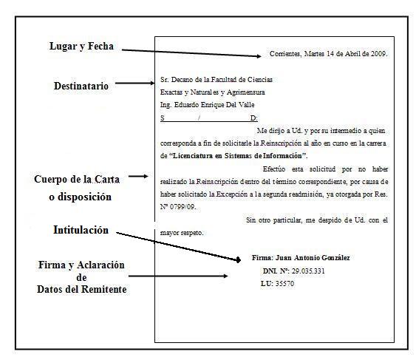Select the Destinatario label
[81, 86]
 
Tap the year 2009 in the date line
[378, 54]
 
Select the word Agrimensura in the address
[243, 92]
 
